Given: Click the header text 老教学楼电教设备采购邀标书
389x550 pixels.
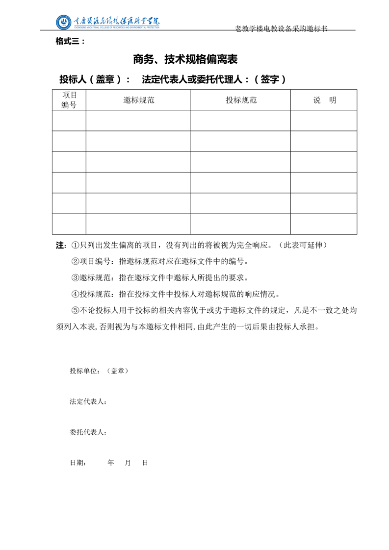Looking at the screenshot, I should (281, 29).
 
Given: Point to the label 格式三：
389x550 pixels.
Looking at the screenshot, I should (71, 42).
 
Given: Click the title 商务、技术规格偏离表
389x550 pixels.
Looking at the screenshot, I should (185, 60).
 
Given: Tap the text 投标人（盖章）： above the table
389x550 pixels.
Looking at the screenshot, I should (95, 79).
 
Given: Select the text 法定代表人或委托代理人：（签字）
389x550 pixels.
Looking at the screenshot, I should (213, 79).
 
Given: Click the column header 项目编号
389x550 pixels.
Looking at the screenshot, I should (69, 100).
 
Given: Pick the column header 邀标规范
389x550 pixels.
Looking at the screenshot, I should (139, 100).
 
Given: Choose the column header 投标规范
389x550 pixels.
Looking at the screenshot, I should (241, 100).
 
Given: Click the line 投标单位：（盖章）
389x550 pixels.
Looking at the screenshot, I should (99, 371).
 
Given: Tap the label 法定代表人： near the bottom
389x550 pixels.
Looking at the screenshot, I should (88, 402).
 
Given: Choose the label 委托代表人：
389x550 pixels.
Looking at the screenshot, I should (88, 432).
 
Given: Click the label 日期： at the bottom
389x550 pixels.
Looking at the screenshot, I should (78, 463).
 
